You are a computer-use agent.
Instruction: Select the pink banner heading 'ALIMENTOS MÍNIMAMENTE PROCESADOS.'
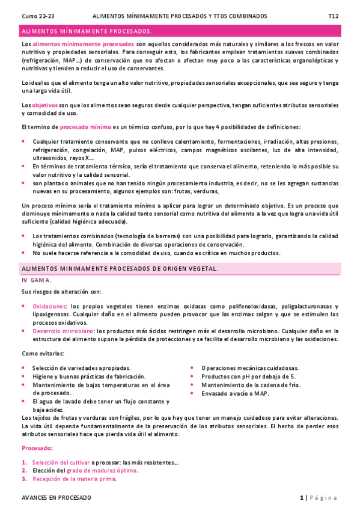click(87, 31)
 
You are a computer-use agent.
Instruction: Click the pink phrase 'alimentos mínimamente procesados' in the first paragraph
click(84, 45)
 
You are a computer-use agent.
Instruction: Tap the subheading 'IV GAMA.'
click(36, 280)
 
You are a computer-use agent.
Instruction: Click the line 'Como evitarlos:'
click(43, 354)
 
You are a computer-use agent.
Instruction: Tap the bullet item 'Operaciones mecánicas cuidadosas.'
click(250, 368)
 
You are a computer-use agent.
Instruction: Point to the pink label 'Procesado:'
click(37, 448)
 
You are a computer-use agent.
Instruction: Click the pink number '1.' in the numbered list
click(25, 462)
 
